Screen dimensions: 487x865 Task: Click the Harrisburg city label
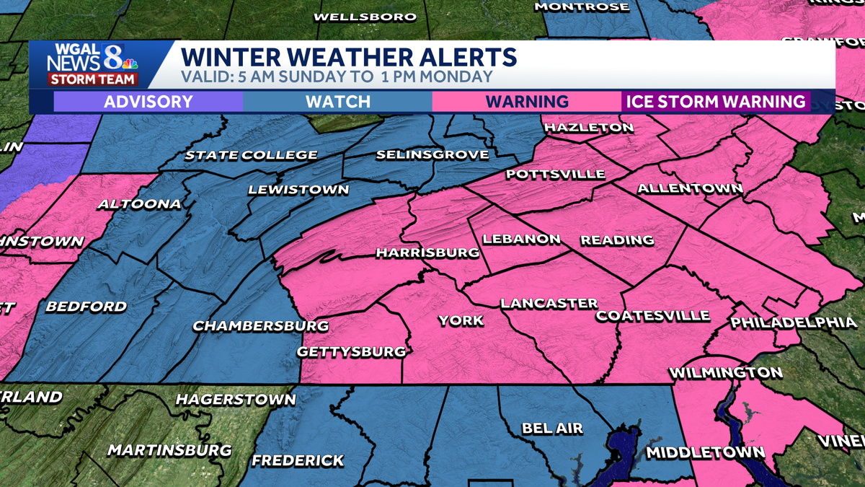pyautogui.click(x=427, y=253)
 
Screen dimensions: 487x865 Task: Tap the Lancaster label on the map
pyautogui.click(x=549, y=304)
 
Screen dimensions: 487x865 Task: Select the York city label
pyautogui.click(x=461, y=320)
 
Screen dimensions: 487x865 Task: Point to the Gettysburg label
pyautogui.click(x=352, y=352)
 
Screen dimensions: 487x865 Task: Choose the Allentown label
pyautogui.click(x=690, y=189)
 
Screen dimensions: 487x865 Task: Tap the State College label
pyautogui.click(x=251, y=155)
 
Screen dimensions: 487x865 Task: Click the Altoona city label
pyautogui.click(x=139, y=204)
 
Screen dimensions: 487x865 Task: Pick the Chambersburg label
pyautogui.click(x=261, y=326)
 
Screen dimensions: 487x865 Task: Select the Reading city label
pyautogui.click(x=617, y=240)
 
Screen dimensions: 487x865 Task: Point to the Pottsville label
pyautogui.click(x=555, y=175)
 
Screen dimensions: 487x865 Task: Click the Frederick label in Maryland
pyautogui.click(x=298, y=460)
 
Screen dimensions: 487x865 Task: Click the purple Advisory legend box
pyautogui.click(x=148, y=102)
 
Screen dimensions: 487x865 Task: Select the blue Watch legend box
pyautogui.click(x=337, y=102)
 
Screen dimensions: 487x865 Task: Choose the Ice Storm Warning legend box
pyautogui.click(x=715, y=102)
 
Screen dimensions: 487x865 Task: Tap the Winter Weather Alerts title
pyautogui.click(x=348, y=57)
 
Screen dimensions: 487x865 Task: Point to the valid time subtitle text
pyautogui.click(x=337, y=77)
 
